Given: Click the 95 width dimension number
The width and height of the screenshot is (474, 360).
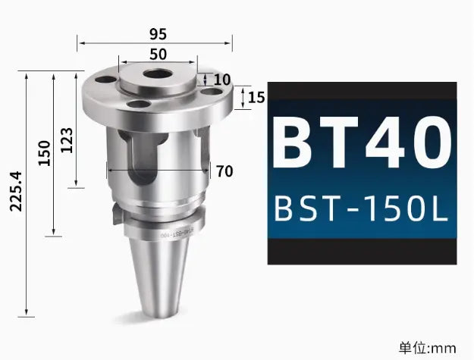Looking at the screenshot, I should coord(158,34).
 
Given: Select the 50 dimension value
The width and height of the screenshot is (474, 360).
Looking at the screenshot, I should coord(158,55).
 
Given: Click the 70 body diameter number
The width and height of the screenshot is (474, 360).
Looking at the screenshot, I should coord(224,171).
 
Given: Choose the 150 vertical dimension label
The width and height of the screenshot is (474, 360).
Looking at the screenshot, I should coord(44,152).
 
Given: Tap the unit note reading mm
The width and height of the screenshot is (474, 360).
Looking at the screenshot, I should coord(428,347).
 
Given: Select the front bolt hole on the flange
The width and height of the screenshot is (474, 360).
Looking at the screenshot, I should coord(139,105).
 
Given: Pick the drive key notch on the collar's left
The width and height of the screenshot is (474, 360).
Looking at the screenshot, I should coord(115,215).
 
